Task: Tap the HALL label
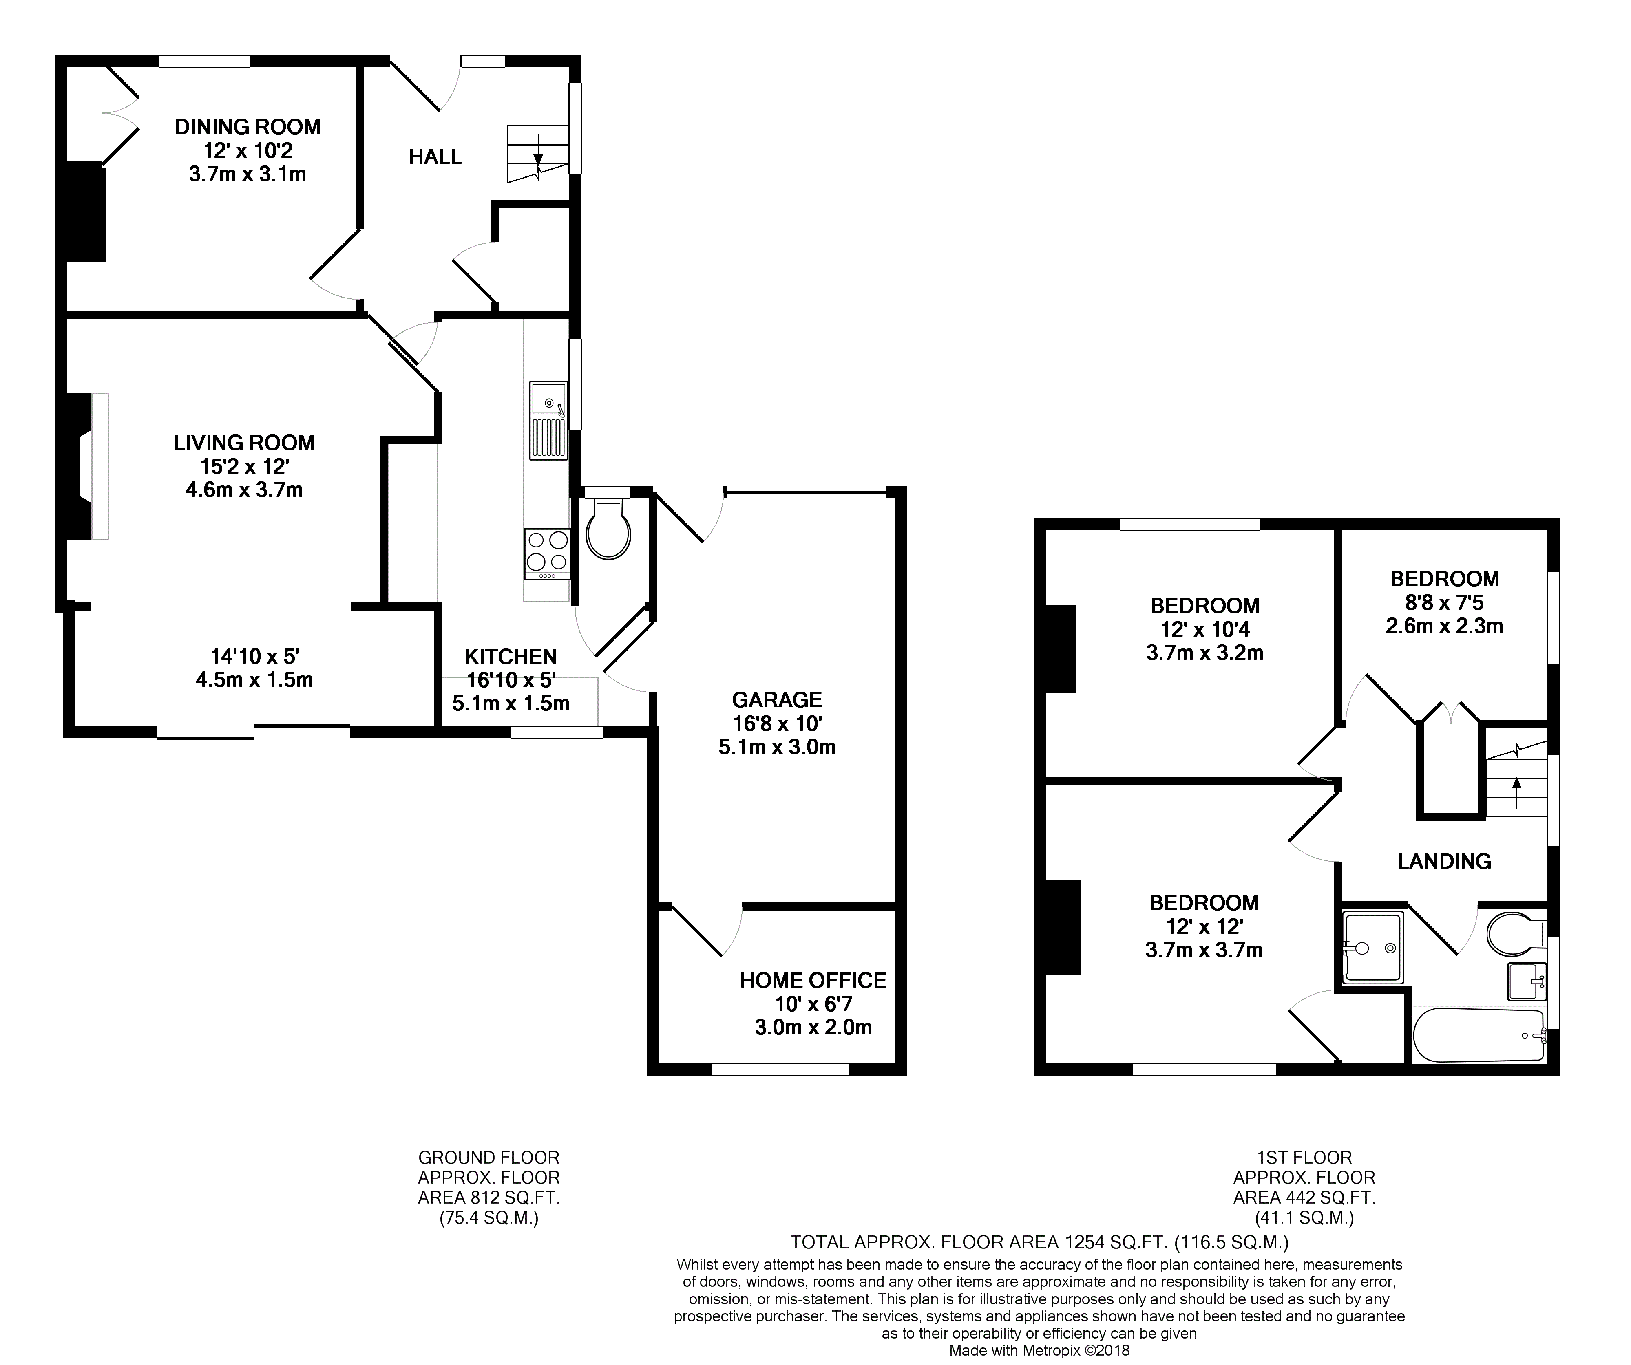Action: [435, 157]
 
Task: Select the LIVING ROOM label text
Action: [244, 443]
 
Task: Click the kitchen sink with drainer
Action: [548, 419]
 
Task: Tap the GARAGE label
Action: [777, 699]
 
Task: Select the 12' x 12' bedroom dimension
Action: [1204, 926]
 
